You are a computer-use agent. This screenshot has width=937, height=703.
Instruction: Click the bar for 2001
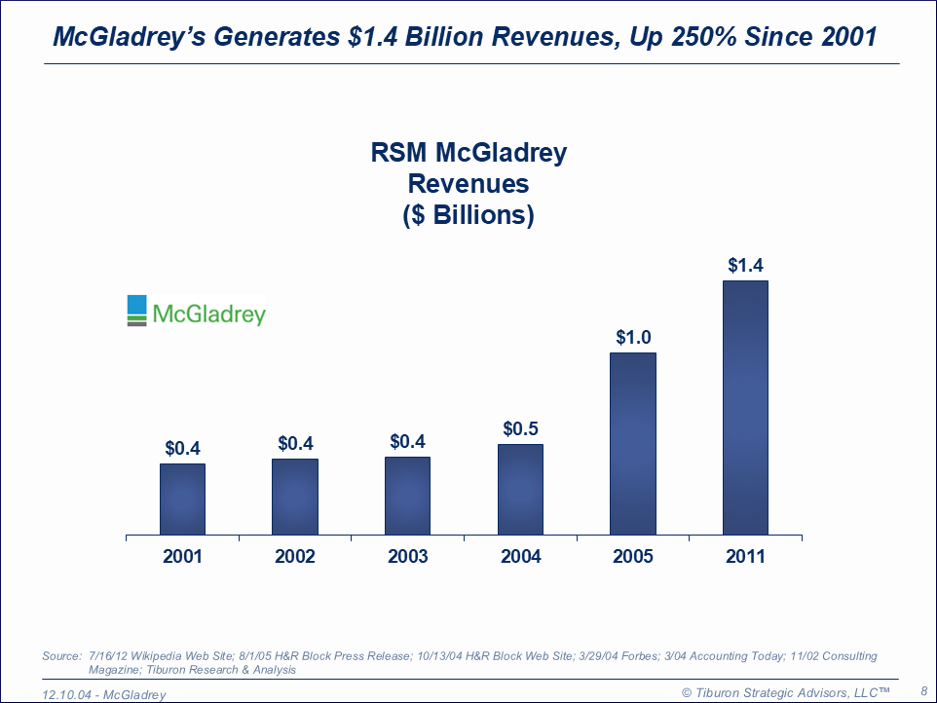pos(182,499)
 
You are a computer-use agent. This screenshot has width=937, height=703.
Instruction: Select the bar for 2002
pos(295,497)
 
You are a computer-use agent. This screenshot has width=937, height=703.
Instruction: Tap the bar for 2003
pos(407,496)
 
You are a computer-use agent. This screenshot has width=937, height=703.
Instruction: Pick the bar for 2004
pos(520,490)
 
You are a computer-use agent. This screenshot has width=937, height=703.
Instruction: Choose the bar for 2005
pos(633,443)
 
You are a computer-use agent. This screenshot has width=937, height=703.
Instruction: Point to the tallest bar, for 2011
pos(745,407)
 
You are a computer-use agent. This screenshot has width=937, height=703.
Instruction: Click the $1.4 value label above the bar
pos(745,265)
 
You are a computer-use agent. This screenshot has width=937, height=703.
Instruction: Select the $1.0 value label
pos(633,337)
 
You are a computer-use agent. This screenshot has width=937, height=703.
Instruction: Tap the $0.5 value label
pos(520,427)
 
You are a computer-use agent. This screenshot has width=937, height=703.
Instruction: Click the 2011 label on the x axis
pos(745,557)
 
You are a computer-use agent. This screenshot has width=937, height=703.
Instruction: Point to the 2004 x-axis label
pos(520,557)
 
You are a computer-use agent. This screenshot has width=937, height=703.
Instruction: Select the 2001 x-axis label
pos(182,557)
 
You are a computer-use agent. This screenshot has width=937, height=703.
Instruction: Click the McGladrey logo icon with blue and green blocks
pos(136,310)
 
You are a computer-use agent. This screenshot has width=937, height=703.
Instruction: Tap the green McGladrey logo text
pos(208,314)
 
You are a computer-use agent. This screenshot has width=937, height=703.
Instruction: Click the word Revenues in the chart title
pos(468,184)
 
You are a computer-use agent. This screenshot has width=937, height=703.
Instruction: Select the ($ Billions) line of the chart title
pos(468,215)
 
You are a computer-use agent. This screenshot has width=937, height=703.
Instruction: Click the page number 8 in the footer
pos(922,689)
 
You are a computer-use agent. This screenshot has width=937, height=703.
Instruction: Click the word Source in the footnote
pos(60,656)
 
